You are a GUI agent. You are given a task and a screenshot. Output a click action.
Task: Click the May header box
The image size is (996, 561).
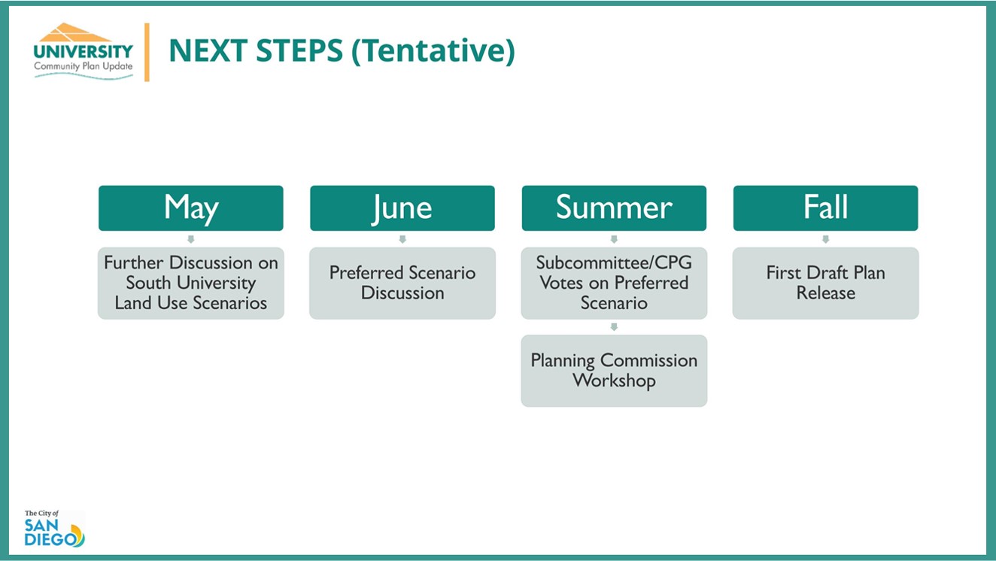(x=191, y=208)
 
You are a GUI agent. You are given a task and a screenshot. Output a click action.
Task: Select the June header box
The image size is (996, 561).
(x=402, y=208)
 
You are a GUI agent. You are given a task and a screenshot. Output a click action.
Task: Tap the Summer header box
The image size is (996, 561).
(x=614, y=208)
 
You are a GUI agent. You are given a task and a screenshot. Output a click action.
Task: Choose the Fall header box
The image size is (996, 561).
(x=826, y=208)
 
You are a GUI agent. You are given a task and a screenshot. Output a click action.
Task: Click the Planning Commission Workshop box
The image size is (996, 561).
(x=614, y=371)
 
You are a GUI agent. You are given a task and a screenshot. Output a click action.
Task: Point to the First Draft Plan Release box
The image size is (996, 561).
(x=826, y=284)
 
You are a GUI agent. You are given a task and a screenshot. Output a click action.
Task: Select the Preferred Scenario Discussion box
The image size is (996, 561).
(x=402, y=284)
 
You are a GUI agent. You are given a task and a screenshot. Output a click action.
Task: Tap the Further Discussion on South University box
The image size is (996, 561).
(x=191, y=284)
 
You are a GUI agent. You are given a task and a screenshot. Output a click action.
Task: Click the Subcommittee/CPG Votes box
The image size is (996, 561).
(x=614, y=284)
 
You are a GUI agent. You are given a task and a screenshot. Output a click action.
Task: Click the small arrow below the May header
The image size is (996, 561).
(x=191, y=239)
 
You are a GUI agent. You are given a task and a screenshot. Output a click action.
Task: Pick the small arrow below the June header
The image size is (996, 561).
(x=402, y=239)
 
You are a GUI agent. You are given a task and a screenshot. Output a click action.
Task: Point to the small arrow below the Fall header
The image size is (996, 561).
(x=826, y=239)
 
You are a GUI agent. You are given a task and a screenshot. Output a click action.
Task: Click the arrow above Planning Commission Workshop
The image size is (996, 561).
(x=614, y=326)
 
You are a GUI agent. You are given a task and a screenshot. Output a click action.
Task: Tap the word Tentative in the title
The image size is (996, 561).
(x=433, y=50)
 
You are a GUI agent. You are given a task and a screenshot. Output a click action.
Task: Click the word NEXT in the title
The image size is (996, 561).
(x=208, y=50)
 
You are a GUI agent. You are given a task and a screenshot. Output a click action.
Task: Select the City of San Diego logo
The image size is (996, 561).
(x=55, y=528)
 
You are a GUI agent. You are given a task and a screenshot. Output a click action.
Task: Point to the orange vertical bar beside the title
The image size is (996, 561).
(x=147, y=52)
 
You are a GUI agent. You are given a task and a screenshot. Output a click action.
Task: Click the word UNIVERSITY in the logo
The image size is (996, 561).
(x=84, y=51)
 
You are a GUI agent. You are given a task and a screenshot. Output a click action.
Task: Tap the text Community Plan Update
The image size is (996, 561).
(x=84, y=66)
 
